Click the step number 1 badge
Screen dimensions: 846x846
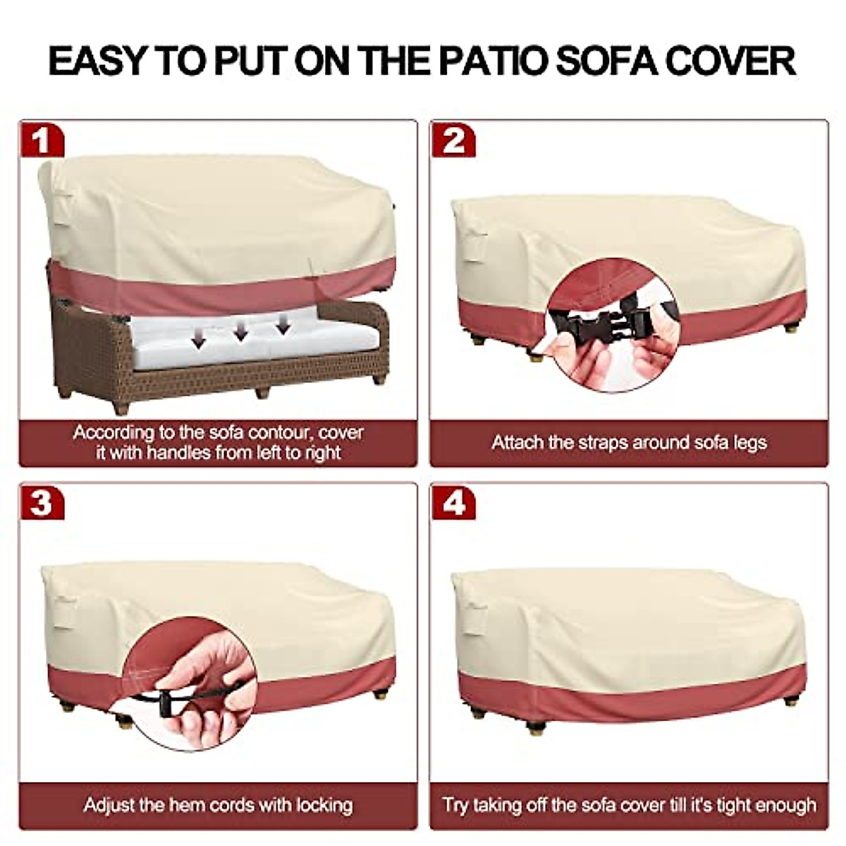[41, 140]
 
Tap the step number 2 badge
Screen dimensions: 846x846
[453, 140]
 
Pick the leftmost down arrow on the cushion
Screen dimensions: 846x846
[199, 340]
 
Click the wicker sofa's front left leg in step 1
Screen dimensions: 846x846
[121, 406]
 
